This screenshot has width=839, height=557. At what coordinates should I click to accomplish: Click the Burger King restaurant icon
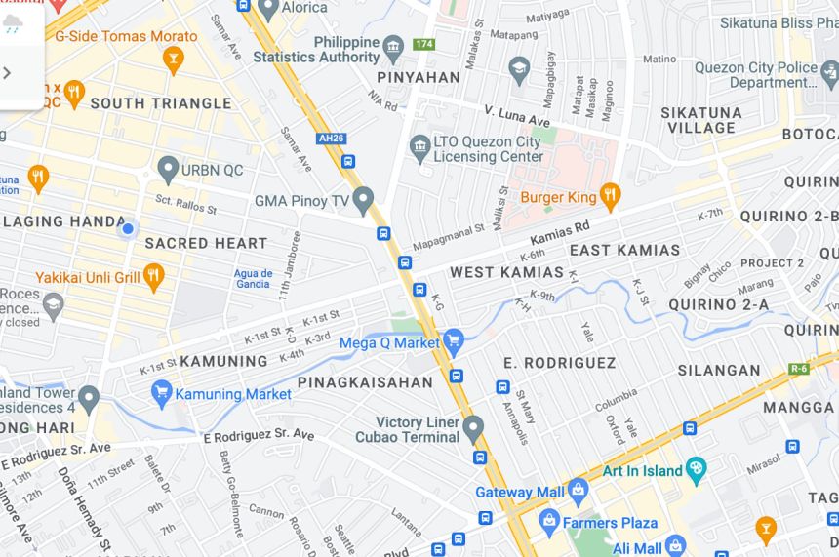click(x=610, y=196)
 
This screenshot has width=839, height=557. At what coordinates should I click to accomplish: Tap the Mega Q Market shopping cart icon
click(x=453, y=341)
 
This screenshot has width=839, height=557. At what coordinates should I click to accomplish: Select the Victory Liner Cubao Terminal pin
click(x=473, y=427)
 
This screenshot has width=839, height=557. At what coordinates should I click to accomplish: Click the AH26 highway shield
click(x=332, y=139)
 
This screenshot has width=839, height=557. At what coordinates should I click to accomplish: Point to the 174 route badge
click(x=423, y=44)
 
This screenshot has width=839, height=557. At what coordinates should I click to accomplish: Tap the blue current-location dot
click(x=127, y=229)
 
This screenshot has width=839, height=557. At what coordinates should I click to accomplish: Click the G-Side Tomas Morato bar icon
click(x=173, y=60)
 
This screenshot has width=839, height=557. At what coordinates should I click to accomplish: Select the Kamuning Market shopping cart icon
click(x=162, y=394)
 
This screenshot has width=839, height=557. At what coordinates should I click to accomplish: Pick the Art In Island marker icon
click(x=696, y=470)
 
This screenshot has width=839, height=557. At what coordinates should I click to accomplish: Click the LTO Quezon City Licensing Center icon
click(x=420, y=148)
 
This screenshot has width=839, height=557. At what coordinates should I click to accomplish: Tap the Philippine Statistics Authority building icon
click(x=393, y=48)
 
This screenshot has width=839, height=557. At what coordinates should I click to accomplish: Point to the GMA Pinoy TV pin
click(x=363, y=200)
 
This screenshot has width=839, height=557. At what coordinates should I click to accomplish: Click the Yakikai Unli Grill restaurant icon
click(x=153, y=277)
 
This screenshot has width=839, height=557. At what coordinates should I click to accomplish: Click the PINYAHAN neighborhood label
click(x=420, y=77)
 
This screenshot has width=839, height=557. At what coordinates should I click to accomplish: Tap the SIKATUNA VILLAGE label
click(x=701, y=120)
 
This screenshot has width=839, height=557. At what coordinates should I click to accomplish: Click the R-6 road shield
click(x=800, y=369)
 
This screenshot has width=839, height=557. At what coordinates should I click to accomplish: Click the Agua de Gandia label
click(x=252, y=278)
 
